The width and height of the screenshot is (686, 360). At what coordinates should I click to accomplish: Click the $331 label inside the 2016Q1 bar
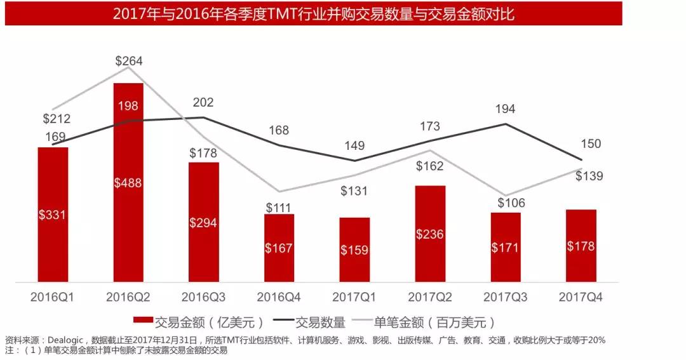pos(53,215)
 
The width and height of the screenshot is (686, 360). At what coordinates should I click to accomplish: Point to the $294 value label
pos(203,223)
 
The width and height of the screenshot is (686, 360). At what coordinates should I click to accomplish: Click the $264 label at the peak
pos(129,61)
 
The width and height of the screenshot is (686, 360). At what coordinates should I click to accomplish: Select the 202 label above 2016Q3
pos(203,102)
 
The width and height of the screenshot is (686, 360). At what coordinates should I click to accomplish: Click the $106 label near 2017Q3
pos(505,203)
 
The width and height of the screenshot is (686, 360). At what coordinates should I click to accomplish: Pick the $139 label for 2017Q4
pos(589,176)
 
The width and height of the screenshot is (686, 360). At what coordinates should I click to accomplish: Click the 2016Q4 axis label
pos(278,297)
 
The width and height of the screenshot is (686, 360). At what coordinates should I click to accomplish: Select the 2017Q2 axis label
pos(429,297)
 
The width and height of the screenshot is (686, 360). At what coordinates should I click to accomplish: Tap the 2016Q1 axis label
pos(52,297)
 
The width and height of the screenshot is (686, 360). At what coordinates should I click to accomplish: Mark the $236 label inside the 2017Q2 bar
pos(429,234)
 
